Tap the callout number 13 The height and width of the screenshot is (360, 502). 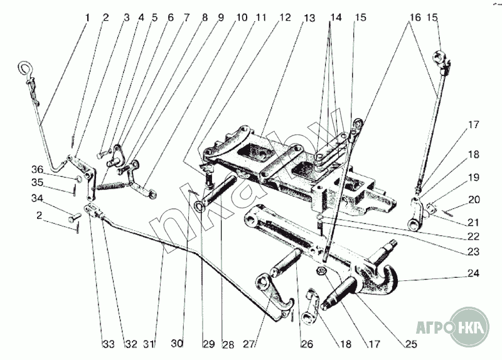309,18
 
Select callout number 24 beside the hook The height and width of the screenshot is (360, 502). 473,273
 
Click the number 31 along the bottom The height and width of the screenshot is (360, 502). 149,344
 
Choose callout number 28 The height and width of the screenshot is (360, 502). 227,344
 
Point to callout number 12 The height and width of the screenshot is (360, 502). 286,18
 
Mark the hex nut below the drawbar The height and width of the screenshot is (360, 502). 320,272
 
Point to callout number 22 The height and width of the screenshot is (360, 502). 473,236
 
